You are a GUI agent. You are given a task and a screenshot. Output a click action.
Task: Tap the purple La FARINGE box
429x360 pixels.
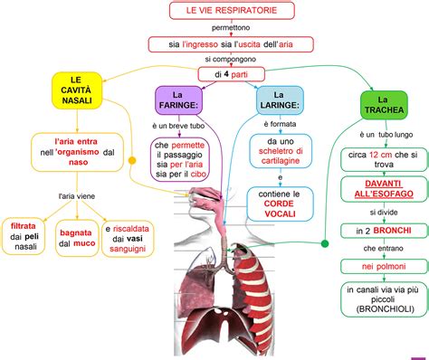point(179,105)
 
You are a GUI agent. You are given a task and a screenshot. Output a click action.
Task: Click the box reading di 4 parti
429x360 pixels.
point(234,73)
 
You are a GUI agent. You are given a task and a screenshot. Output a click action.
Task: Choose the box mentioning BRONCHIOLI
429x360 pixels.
point(383,299)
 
